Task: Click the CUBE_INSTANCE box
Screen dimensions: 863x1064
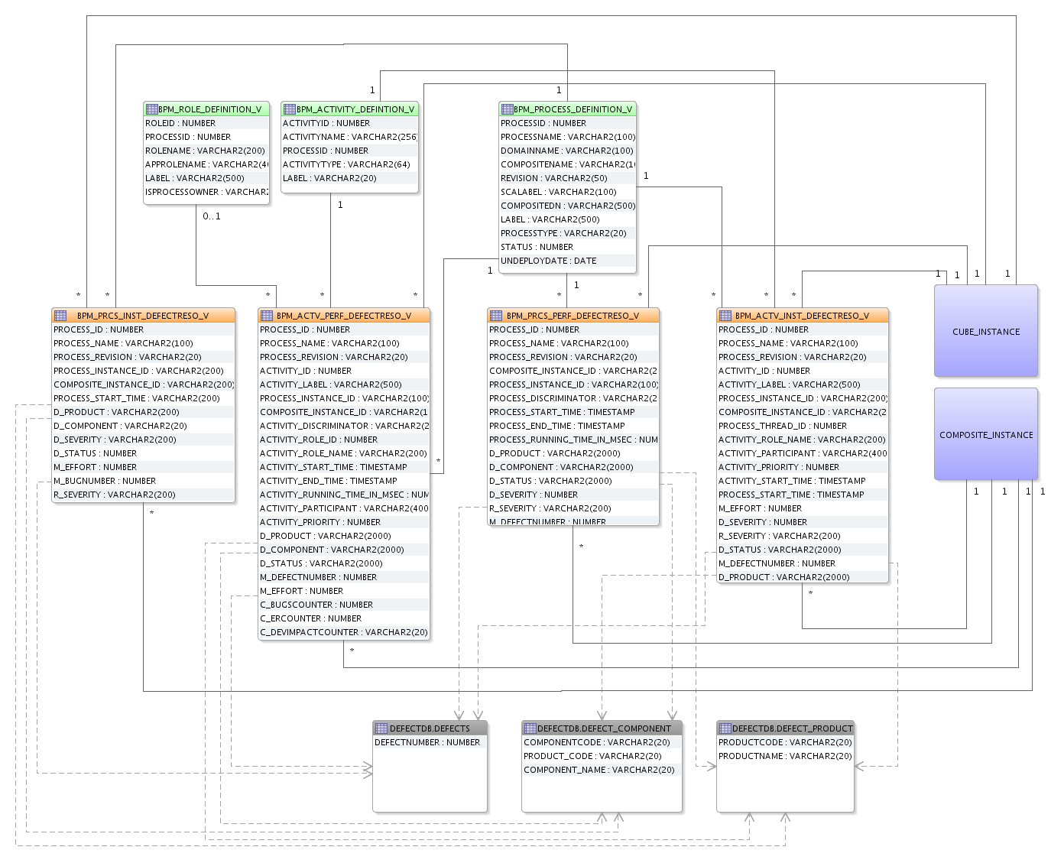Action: pyautogui.click(x=985, y=331)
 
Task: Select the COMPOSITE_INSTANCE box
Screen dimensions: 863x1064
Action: pyautogui.click(x=985, y=434)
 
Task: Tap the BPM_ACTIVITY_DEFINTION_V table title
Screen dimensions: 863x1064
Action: pyautogui.click(x=355, y=109)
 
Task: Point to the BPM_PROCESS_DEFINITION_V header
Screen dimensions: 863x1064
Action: pyautogui.click(x=573, y=109)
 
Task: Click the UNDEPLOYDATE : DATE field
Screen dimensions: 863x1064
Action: pyautogui.click(x=548, y=261)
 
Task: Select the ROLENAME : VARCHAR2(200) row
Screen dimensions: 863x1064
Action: pyautogui.click(x=205, y=151)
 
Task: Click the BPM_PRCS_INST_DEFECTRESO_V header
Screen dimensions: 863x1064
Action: pyautogui.click(x=142, y=316)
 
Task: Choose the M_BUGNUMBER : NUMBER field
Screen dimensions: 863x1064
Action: pyautogui.click(x=105, y=481)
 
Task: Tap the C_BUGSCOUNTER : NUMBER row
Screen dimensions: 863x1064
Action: pyautogui.click(x=316, y=605)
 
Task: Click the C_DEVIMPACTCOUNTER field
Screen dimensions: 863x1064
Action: pyautogui.click(x=343, y=632)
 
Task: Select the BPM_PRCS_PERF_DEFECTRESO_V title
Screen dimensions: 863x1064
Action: pyautogui.click(x=573, y=316)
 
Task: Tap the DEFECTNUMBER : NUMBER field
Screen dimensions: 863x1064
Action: pyautogui.click(x=427, y=742)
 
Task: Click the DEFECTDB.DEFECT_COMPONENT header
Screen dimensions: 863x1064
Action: pyautogui.click(x=603, y=728)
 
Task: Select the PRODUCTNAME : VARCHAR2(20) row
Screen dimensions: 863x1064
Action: pyautogui.click(x=784, y=756)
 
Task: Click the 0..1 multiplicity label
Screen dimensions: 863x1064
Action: pyautogui.click(x=212, y=216)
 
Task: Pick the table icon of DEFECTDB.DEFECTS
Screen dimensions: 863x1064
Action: pyautogui.click(x=381, y=728)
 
